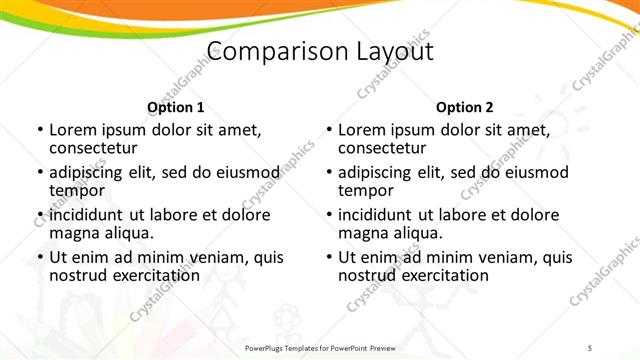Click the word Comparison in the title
(x=268, y=53)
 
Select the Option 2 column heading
(x=464, y=107)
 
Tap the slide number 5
(x=590, y=347)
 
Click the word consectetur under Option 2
(x=382, y=147)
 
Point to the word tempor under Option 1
(x=77, y=190)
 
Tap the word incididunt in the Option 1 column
(x=88, y=216)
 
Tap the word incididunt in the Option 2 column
(x=377, y=216)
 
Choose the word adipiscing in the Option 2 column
(x=375, y=173)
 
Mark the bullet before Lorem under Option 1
(x=39, y=131)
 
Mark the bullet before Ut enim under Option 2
(x=328, y=258)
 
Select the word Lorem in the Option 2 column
(x=362, y=130)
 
